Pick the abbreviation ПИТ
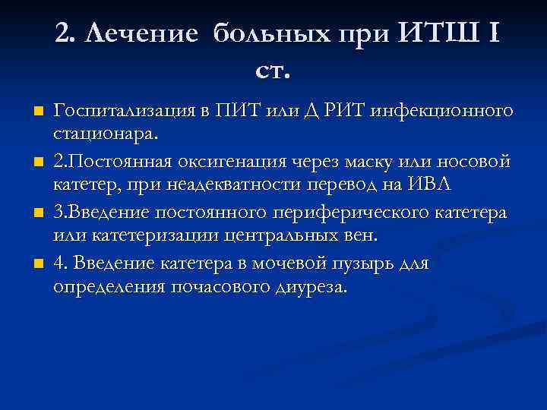click(x=233, y=112)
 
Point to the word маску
click(x=359, y=162)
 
